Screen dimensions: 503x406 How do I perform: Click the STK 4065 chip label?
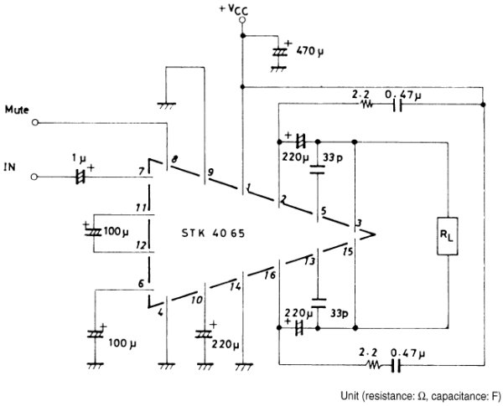[213, 233]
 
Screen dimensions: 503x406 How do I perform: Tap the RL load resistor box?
[447, 236]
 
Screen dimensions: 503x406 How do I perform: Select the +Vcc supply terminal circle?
[242, 20]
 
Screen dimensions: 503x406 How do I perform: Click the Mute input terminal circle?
[35, 122]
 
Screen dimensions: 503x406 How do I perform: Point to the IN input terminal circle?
[34, 177]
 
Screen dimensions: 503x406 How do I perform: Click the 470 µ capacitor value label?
[309, 50]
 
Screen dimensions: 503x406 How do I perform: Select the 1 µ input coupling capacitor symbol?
[80, 177]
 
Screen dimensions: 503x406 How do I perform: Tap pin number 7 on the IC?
[142, 172]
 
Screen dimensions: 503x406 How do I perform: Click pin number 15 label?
[347, 251]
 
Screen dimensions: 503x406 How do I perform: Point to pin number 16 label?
[271, 275]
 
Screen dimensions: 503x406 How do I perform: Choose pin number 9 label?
[210, 172]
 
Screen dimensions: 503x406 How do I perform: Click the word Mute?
[17, 110]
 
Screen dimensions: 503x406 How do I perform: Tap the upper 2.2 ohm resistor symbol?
[366, 104]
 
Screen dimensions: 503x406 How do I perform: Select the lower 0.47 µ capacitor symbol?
[397, 365]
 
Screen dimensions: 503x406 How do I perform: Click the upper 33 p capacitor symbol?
[318, 169]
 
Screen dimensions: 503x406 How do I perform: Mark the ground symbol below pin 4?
[167, 366]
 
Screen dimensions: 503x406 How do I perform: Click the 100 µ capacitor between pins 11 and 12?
[93, 232]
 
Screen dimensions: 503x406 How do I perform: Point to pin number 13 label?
[309, 261]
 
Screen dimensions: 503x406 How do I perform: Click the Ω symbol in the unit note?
[423, 397]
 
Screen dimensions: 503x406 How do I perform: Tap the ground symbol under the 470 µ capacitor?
[278, 69]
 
